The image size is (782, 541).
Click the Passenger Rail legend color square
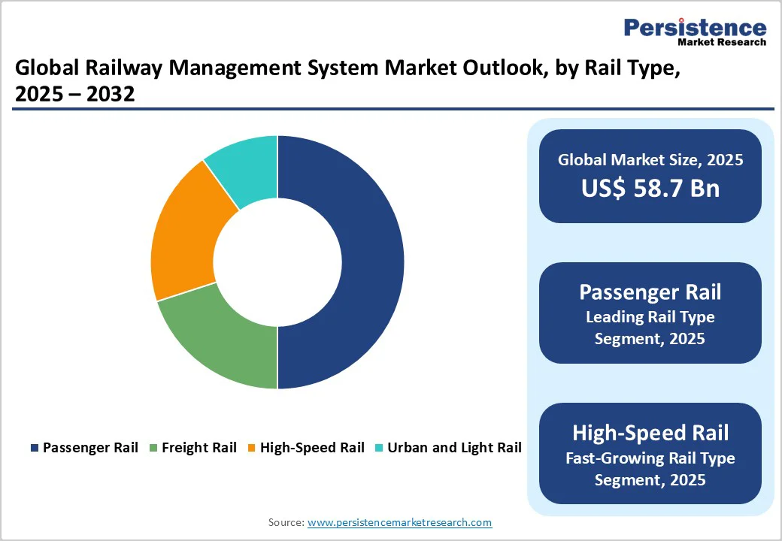[35, 448]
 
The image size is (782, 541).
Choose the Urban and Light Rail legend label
[454, 448]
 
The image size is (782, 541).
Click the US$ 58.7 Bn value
[650, 188]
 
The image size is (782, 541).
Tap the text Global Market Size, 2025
[650, 159]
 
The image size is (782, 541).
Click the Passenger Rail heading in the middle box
[650, 292]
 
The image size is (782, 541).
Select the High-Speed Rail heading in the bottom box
[650, 433]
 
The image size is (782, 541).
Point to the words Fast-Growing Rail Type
[650, 458]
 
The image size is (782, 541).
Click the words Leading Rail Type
[650, 316]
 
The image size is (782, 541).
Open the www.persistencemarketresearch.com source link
[399, 522]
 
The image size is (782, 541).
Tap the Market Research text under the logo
[722, 43]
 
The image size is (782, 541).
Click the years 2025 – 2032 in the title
[74, 95]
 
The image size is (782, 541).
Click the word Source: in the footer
[286, 522]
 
